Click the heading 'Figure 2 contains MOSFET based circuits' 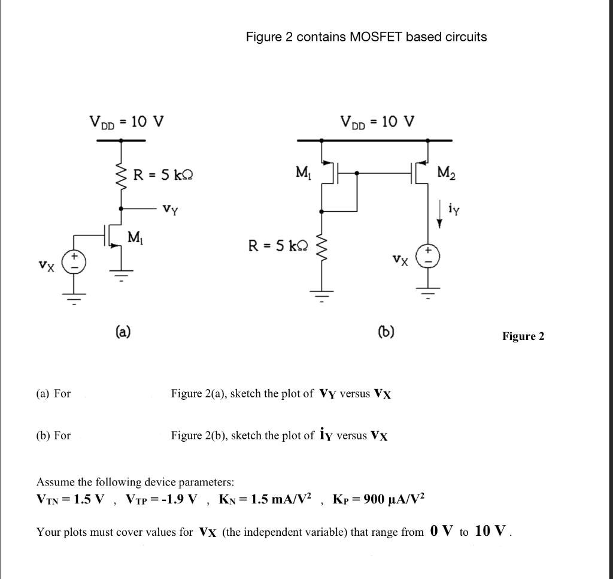[366, 37]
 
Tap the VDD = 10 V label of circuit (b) [377, 122]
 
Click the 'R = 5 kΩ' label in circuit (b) [278, 245]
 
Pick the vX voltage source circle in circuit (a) [75, 262]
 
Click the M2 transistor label [446, 173]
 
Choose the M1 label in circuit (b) [303, 173]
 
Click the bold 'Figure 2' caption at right [523, 336]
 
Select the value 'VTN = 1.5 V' [71, 499]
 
